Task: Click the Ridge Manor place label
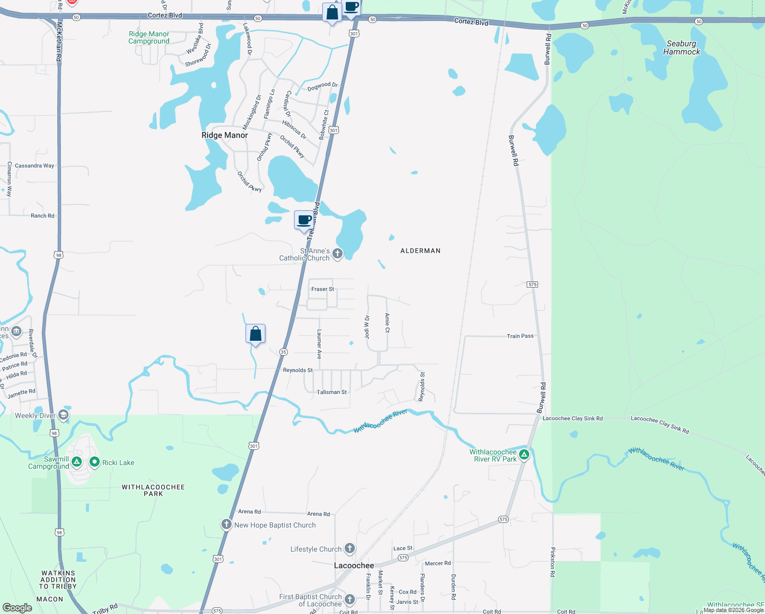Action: pyautogui.click(x=224, y=135)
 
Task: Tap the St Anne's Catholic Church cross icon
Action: pyautogui.click(x=337, y=253)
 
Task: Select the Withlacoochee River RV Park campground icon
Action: pyautogui.click(x=524, y=454)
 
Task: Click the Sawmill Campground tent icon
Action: pyautogui.click(x=77, y=462)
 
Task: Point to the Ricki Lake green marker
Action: pyautogui.click(x=95, y=462)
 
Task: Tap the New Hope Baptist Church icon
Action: pyautogui.click(x=227, y=524)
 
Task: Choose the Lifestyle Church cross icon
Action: pyautogui.click(x=350, y=549)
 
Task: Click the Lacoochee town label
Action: pyautogui.click(x=354, y=565)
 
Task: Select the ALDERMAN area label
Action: pyautogui.click(x=420, y=251)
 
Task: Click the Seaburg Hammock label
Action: pyautogui.click(x=682, y=48)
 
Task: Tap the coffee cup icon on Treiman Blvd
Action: pyautogui.click(x=304, y=220)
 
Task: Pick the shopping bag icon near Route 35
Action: pyautogui.click(x=255, y=334)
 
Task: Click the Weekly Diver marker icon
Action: pyautogui.click(x=64, y=415)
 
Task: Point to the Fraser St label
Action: pyautogui.click(x=323, y=289)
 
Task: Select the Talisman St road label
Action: pyautogui.click(x=331, y=392)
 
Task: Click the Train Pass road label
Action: pyautogui.click(x=520, y=336)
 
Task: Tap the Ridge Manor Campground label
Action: pyautogui.click(x=149, y=37)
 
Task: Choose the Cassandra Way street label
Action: pyautogui.click(x=34, y=166)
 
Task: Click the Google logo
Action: pyautogui.click(x=17, y=608)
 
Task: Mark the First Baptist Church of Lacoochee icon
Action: pyautogui.click(x=350, y=599)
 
